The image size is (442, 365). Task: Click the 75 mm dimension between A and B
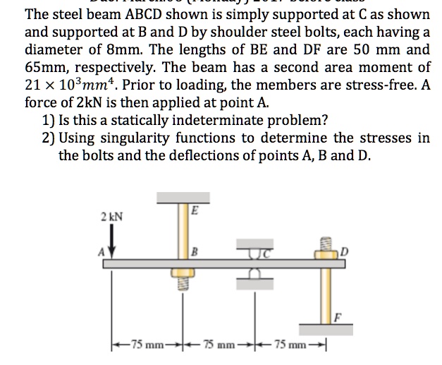pos(145,345)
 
